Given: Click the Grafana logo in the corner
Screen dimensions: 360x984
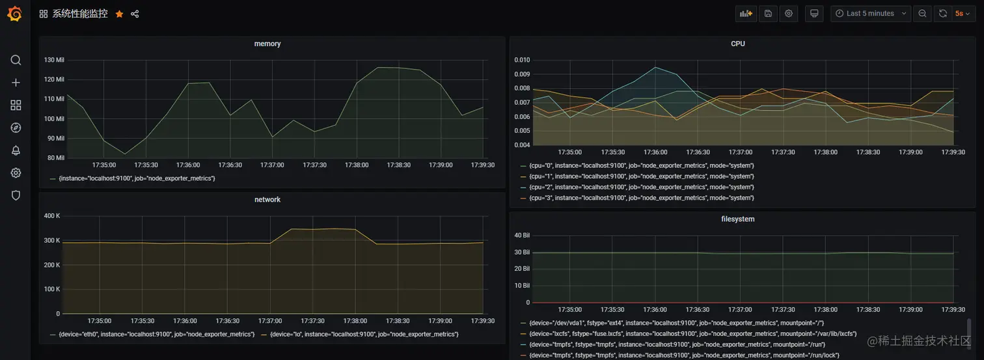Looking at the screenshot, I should click(x=14, y=14).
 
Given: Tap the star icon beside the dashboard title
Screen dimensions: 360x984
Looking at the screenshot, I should click(x=119, y=14).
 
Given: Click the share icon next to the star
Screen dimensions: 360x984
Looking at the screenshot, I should click(x=135, y=14).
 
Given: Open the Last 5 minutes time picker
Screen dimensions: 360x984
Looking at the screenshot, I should click(x=870, y=14).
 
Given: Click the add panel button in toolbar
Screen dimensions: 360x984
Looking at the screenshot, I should click(x=746, y=14).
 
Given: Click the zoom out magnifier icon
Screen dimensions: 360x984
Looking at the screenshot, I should click(x=922, y=14).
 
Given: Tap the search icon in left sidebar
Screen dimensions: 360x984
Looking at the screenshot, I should click(x=16, y=61).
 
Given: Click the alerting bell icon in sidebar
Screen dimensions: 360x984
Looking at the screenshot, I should click(x=16, y=150).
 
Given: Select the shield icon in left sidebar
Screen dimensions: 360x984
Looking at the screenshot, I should click(x=16, y=195).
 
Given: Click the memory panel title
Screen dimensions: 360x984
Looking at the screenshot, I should click(x=267, y=44).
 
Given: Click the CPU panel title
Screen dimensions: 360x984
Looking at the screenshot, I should click(x=738, y=44).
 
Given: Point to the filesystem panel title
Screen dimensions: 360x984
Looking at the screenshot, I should click(x=738, y=219).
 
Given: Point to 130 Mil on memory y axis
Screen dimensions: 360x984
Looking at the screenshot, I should click(x=54, y=60).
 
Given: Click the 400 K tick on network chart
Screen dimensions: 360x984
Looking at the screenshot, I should click(x=51, y=215).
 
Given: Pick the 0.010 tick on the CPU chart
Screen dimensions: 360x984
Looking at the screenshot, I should click(x=523, y=60).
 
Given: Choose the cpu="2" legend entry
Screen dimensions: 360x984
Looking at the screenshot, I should click(x=641, y=187).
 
